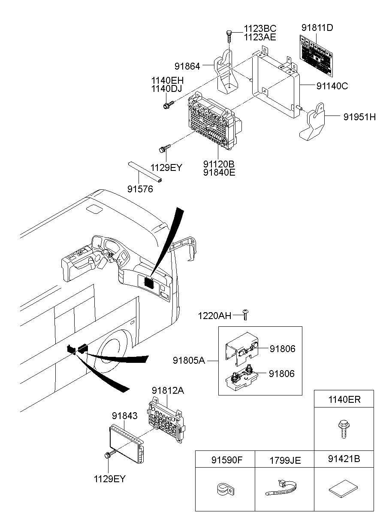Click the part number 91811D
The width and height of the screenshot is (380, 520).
(x=317, y=28)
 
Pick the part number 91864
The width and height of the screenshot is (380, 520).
(x=187, y=66)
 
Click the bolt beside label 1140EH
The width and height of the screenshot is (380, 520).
(x=169, y=103)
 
